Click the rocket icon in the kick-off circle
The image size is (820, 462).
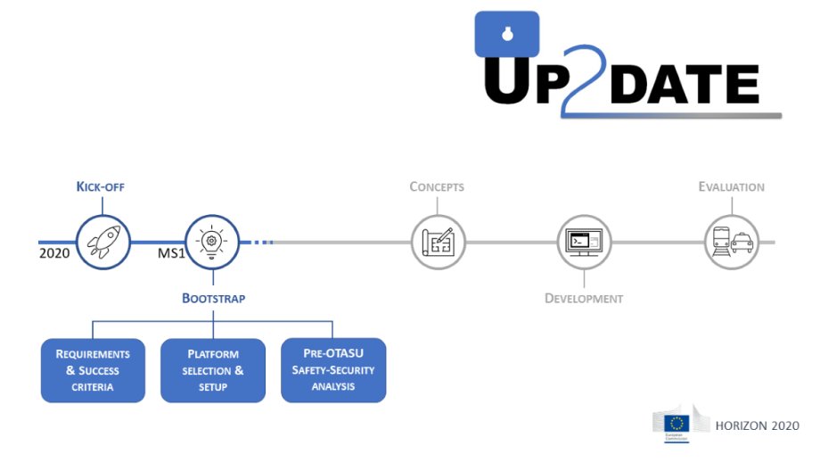coord(103,241)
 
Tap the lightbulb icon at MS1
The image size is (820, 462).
coord(212,241)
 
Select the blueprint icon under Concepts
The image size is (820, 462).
coord(438,241)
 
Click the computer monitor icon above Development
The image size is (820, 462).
coord(585,241)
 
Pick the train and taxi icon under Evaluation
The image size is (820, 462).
coord(731,241)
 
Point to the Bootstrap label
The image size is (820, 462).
coord(213,298)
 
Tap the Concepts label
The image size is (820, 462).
coord(437,187)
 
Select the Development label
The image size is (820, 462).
coord(584,298)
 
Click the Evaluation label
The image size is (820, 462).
coord(731,187)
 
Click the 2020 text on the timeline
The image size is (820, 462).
coord(54,254)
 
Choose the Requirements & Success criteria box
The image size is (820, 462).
coord(93,370)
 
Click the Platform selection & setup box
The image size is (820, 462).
coord(213,370)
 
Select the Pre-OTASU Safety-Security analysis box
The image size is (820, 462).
coord(333,369)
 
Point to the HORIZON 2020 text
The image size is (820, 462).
coord(758,425)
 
